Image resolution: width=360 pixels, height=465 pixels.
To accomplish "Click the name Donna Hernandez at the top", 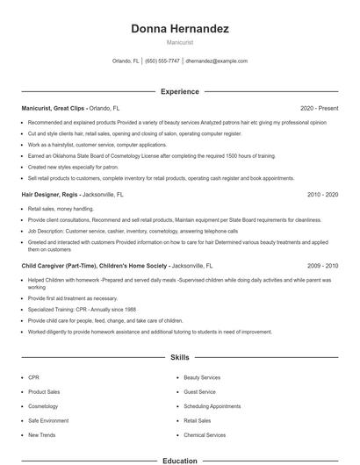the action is click(x=180, y=29).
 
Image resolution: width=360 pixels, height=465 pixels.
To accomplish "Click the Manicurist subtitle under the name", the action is click(x=180, y=42).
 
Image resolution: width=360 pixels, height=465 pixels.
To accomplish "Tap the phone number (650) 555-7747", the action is click(x=162, y=61).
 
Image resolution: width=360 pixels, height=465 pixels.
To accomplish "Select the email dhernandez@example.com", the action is click(x=216, y=61).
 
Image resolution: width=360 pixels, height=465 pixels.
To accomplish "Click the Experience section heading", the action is click(x=180, y=91).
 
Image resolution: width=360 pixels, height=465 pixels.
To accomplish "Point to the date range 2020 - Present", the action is click(x=320, y=108).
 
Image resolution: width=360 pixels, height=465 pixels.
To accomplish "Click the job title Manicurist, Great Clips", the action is click(x=54, y=108).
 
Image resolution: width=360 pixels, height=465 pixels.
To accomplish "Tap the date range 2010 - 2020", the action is click(x=322, y=194).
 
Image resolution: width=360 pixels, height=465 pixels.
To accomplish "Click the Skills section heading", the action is click(x=180, y=357).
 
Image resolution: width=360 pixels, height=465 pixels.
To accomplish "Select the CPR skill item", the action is click(x=33, y=377).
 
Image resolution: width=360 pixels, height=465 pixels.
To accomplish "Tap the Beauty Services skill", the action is click(x=202, y=377).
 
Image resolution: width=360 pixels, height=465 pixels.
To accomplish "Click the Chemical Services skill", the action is click(x=205, y=435).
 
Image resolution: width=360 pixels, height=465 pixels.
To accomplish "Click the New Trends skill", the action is click(x=40, y=435).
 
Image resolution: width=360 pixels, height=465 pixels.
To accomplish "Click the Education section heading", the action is click(x=180, y=460).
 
